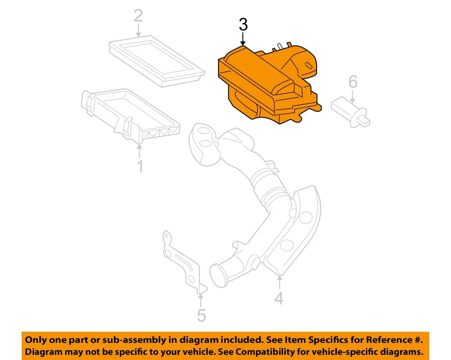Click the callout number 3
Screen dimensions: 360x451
coord(242,25)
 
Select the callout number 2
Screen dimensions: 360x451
coord(138,16)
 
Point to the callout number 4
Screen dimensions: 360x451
coord(279,297)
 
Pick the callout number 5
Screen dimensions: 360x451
coord(201,315)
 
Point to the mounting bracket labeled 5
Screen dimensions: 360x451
coord(183,263)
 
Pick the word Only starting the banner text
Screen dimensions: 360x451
coord(37,339)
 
